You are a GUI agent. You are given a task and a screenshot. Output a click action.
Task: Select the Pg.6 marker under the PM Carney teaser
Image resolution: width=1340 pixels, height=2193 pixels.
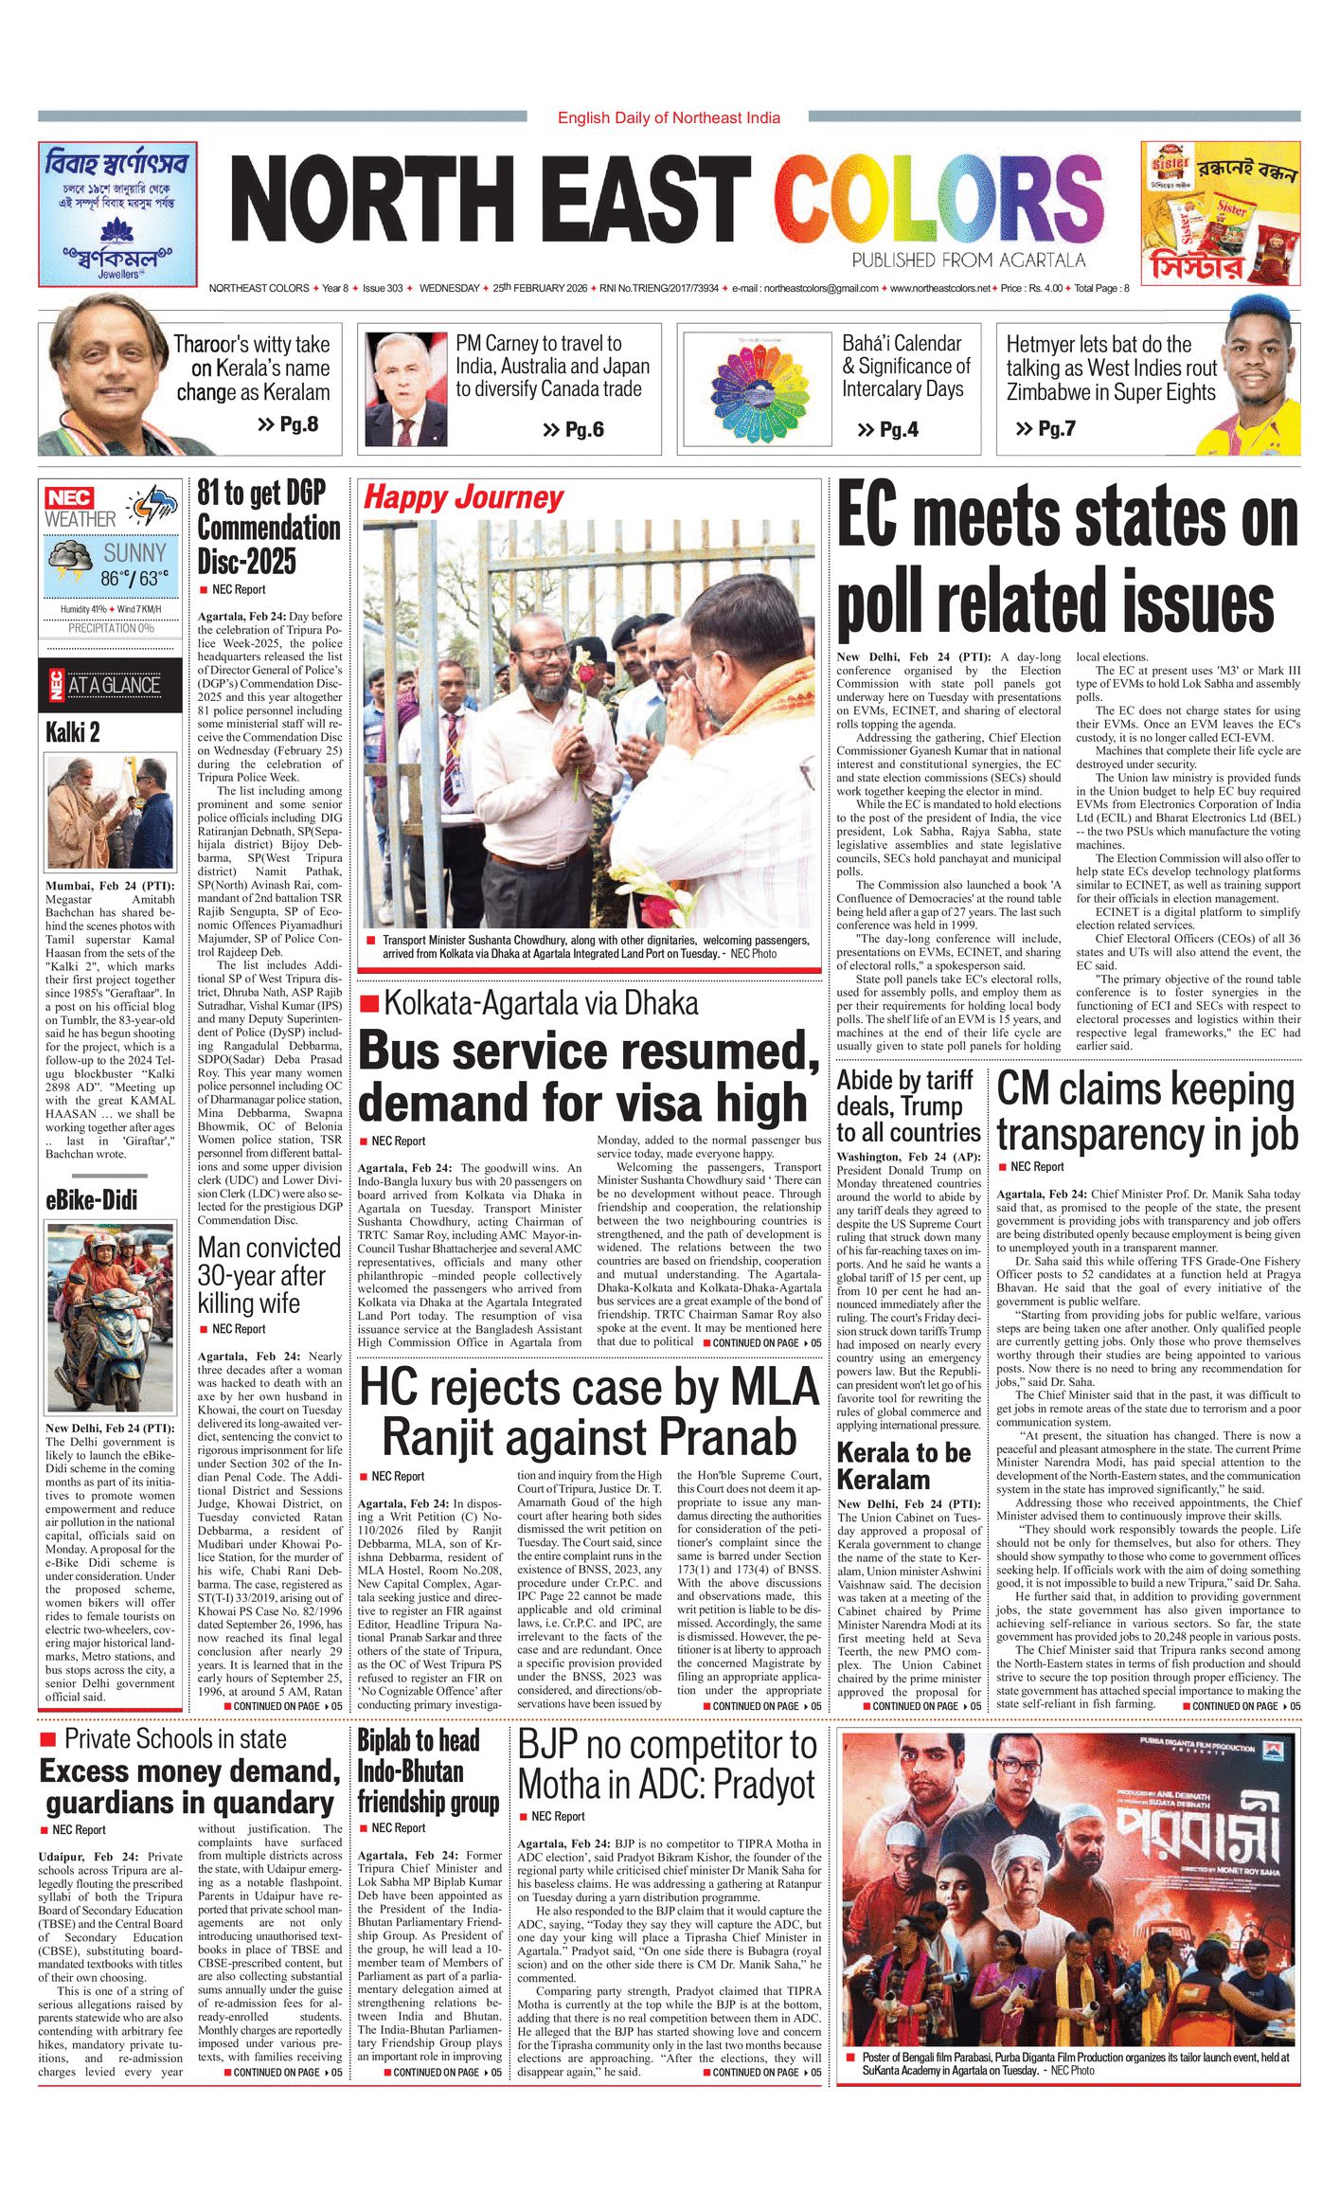click(x=573, y=430)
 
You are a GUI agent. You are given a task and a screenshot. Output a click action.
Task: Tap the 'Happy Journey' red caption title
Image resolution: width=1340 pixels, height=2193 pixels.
click(x=463, y=497)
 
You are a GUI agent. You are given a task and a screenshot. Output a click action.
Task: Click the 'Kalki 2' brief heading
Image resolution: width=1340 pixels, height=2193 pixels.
click(x=73, y=732)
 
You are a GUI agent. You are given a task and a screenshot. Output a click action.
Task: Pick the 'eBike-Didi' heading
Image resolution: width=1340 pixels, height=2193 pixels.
click(x=91, y=1200)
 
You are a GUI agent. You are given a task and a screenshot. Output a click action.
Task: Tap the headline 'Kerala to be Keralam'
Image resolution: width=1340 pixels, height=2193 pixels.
click(x=904, y=1465)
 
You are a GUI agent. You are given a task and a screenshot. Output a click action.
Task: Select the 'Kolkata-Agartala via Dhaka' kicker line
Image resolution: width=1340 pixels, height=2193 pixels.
click(x=541, y=1003)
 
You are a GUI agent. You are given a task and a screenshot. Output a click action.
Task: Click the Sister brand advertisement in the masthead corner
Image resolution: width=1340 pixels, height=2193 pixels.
click(x=1220, y=213)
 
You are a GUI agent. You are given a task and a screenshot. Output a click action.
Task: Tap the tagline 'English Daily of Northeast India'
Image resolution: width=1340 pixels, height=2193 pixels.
click(x=669, y=117)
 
